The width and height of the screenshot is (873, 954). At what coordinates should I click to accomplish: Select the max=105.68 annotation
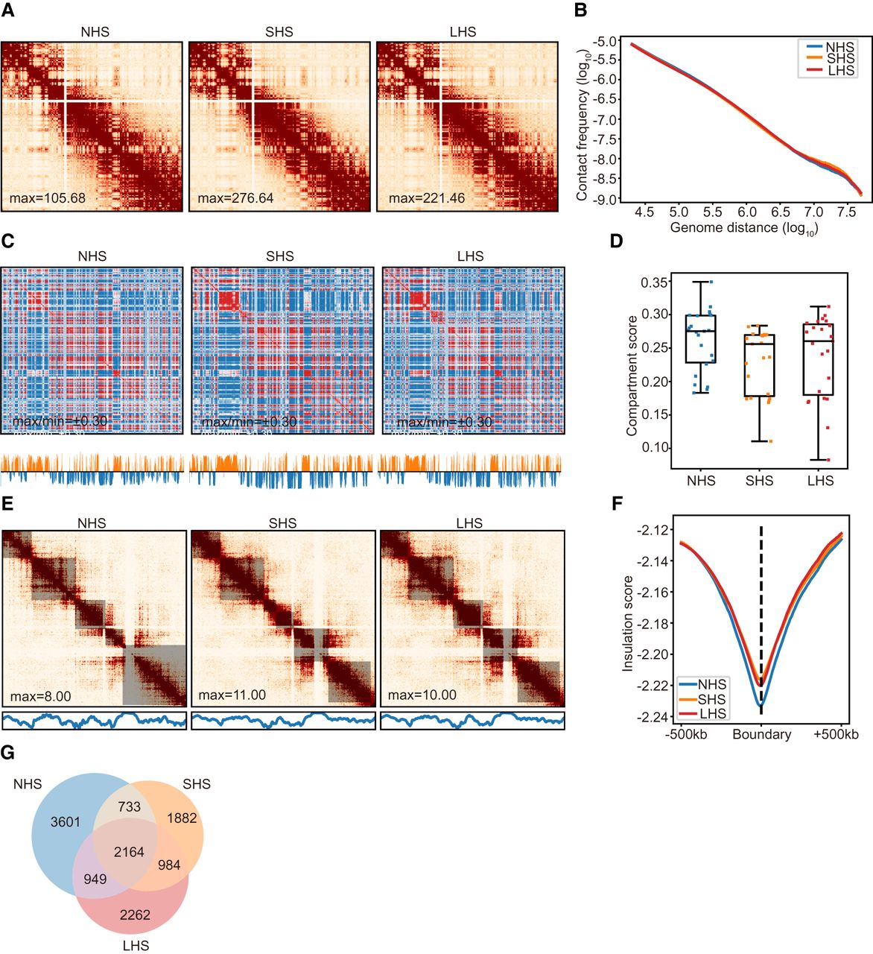point(48,198)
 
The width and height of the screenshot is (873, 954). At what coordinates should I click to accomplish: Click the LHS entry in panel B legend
point(840,70)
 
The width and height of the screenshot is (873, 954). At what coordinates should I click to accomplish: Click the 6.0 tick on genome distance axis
point(747,212)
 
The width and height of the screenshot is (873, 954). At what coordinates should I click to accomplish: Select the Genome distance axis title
point(743,228)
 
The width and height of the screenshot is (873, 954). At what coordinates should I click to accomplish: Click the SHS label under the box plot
point(760,481)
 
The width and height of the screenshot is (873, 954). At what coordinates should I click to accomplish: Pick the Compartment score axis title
point(632,375)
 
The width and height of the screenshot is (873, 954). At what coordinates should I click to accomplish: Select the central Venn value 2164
point(129,852)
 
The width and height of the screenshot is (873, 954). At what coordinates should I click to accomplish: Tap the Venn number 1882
point(182,818)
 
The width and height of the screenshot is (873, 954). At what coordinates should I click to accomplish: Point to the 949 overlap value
point(95,879)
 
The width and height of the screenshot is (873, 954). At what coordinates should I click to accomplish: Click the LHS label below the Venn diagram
point(135,946)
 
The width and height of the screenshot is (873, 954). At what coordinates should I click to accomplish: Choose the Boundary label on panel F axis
point(761,735)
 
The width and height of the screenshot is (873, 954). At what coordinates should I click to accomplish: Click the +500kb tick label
point(836,735)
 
